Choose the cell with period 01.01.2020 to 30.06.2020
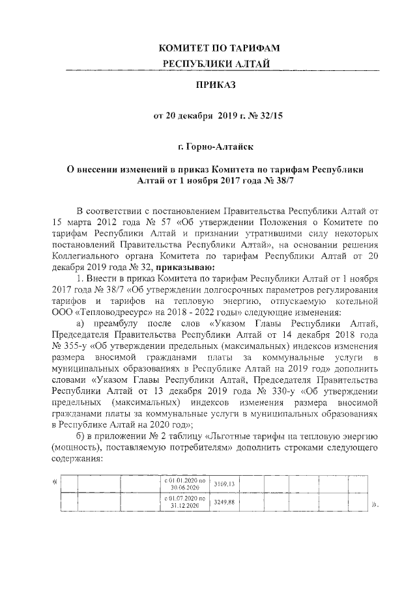click(186, 484)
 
